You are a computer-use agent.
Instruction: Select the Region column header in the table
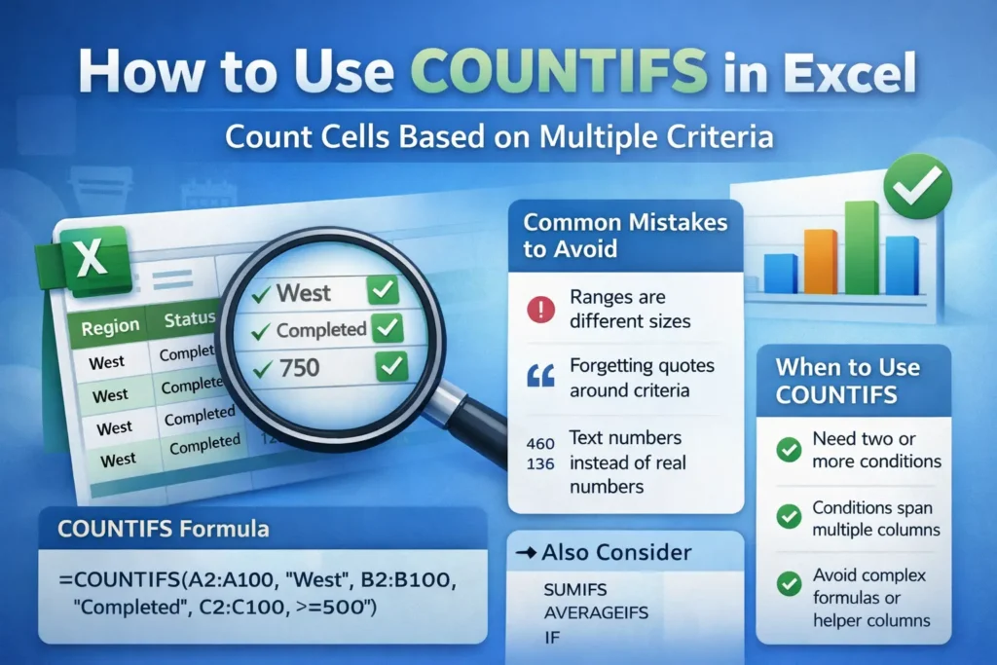tap(110, 327)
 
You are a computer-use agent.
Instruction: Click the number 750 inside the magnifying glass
tap(301, 369)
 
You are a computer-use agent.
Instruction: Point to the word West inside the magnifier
tap(303, 292)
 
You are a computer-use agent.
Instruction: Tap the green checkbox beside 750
tap(389, 367)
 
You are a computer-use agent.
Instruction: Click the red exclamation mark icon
tap(538, 310)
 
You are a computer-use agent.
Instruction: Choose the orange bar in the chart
tap(820, 261)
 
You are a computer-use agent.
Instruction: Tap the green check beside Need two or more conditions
tap(789, 449)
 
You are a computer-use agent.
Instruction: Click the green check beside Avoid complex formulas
tap(789, 583)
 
